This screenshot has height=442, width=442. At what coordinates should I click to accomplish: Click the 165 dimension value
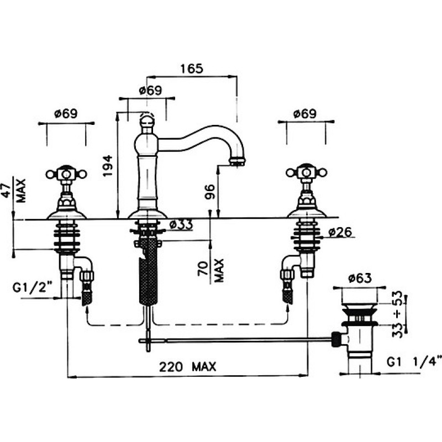tap(192, 69)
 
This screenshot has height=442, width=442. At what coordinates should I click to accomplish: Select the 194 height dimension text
tap(108, 166)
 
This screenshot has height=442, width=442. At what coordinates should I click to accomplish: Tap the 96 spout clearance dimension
tap(210, 192)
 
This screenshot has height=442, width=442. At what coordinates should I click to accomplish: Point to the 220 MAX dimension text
tap(188, 367)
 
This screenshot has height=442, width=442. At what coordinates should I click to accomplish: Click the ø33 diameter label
tap(181, 225)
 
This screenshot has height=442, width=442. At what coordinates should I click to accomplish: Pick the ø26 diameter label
tap(340, 232)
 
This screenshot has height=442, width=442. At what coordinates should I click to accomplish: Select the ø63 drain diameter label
tap(360, 278)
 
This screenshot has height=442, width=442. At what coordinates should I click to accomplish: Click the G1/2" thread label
tap(33, 288)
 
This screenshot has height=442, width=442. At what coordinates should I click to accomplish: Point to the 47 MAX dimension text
tap(15, 191)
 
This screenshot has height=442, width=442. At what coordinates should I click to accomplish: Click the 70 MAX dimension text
tap(212, 271)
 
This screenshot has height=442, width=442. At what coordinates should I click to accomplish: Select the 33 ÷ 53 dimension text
tap(397, 314)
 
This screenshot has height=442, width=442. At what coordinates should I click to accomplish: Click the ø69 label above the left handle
tap(66, 114)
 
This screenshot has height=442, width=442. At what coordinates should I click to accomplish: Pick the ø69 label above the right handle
tap(305, 114)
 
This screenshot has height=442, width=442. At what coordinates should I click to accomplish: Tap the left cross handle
tap(66, 174)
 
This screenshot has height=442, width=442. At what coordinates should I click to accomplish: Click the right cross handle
tap(307, 172)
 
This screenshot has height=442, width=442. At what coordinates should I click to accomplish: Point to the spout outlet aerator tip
tap(237, 162)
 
